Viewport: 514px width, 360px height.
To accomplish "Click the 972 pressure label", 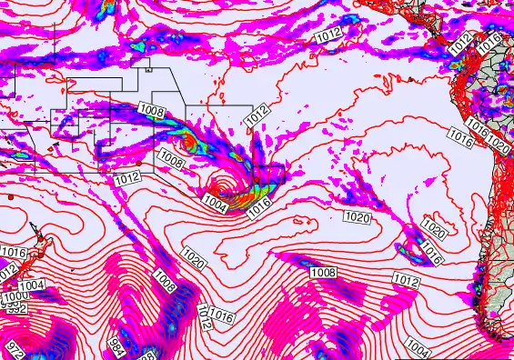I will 14,348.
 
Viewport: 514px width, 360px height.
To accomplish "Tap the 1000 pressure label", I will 14,297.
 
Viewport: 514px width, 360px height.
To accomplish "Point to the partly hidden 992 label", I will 15,309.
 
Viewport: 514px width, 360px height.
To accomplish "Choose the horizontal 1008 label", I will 324,273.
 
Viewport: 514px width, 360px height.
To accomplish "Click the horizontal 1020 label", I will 357,217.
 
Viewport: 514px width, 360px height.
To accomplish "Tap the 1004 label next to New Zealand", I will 32,285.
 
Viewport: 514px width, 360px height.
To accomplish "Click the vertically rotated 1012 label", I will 204,317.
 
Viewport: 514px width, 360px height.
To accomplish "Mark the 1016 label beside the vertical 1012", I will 221,317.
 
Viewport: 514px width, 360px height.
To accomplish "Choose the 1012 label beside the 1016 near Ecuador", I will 461,41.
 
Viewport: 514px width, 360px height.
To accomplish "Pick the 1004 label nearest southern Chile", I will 418,346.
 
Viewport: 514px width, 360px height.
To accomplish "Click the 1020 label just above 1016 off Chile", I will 434,233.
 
